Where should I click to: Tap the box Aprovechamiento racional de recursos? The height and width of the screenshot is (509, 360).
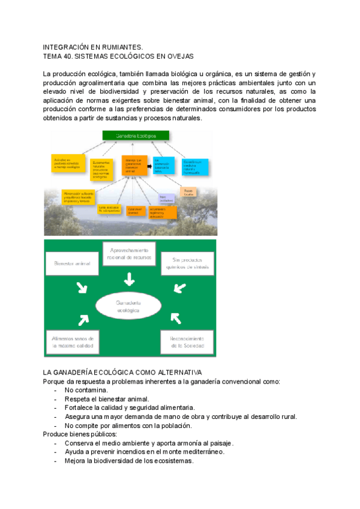pos(129,254)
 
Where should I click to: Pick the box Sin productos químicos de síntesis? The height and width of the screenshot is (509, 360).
pos(187,263)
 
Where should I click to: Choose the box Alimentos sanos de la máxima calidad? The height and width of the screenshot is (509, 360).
pos(71,341)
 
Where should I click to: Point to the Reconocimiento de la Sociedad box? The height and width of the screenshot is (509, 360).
pos(187,341)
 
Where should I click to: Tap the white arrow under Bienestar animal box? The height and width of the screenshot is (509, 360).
pos(82,288)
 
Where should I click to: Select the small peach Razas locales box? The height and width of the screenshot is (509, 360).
pos(188,191)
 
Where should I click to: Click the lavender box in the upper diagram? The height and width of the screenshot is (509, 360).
pos(166,199)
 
